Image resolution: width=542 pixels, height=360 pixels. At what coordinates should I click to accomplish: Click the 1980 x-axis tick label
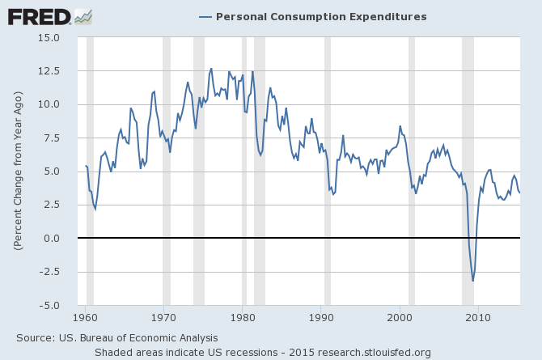(242, 317)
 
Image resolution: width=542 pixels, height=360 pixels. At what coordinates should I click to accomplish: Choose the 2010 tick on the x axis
(477, 317)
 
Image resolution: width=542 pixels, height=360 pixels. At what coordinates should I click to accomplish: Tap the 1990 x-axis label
(320, 317)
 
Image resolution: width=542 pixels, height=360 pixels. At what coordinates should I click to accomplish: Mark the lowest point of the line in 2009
(473, 281)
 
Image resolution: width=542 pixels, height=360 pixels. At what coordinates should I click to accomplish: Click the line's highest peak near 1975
(211, 69)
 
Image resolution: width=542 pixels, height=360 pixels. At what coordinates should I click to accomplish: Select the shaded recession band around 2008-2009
(468, 172)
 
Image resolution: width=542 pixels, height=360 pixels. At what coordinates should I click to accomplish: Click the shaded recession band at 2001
(412, 172)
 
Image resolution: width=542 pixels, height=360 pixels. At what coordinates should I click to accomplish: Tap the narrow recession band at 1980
(244, 172)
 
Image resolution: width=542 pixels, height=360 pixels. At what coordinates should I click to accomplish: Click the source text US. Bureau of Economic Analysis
(116, 337)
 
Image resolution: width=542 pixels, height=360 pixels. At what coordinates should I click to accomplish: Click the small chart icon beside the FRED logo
(83, 15)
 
